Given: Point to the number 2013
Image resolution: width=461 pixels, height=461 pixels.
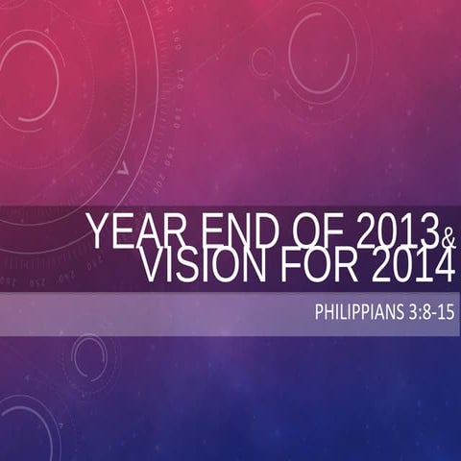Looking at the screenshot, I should point(394,232).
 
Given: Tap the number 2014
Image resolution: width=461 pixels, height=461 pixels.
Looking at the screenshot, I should point(411,267).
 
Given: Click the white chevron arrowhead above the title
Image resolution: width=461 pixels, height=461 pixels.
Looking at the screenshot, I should point(122,169).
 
